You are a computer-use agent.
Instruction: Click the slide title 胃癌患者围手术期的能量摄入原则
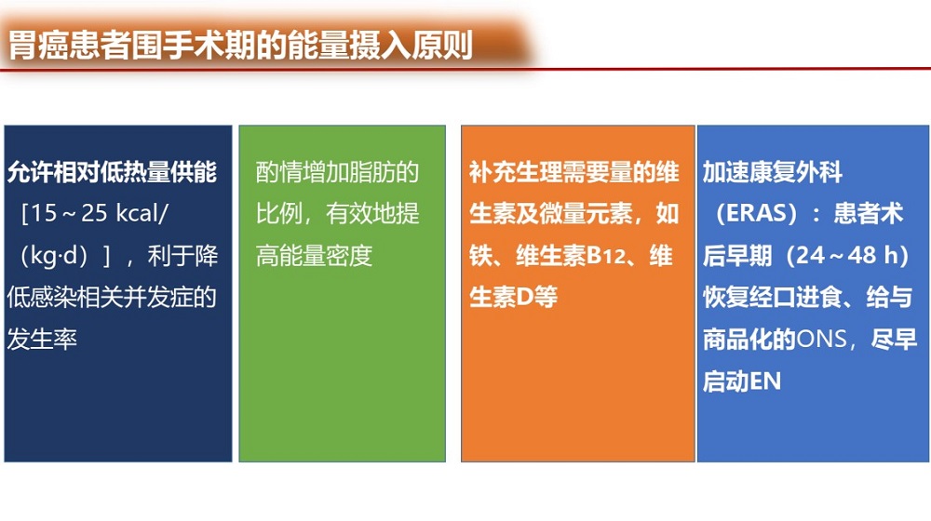pyautogui.click(x=240, y=46)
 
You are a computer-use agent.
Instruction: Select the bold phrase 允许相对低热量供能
pyautogui.click(x=113, y=172)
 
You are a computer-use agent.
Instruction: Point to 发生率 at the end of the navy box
pyautogui.click(x=42, y=340)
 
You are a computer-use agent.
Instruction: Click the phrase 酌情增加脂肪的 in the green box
pyautogui.click(x=337, y=172)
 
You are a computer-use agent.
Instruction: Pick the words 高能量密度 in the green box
pyautogui.click(x=314, y=256)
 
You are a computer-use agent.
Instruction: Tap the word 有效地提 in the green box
pyautogui.click(x=373, y=214)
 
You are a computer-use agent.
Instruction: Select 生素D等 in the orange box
pyautogui.click(x=514, y=298)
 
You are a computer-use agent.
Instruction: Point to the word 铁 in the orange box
pyautogui.click(x=480, y=256)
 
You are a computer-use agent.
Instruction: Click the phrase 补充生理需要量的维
pyautogui.click(x=574, y=172)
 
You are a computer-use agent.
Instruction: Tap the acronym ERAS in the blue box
pyautogui.click(x=757, y=214)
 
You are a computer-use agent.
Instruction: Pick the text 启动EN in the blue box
pyautogui.click(x=742, y=381)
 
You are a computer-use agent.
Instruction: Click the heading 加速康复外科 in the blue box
pyautogui.click(x=773, y=172)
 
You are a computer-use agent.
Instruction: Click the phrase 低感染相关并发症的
pyautogui.click(x=113, y=298)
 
